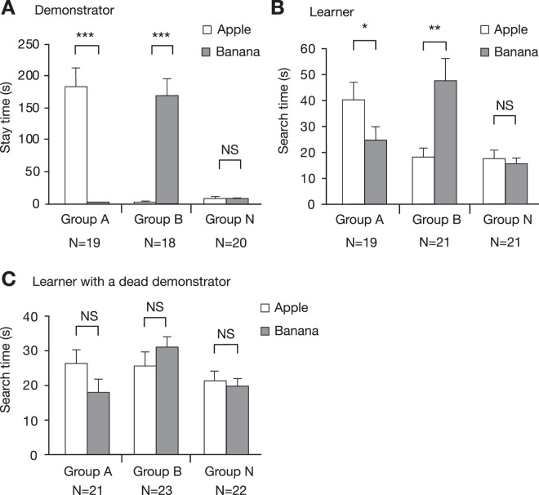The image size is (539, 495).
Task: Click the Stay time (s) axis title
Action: (10, 123)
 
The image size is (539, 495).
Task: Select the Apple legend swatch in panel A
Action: (208, 31)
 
